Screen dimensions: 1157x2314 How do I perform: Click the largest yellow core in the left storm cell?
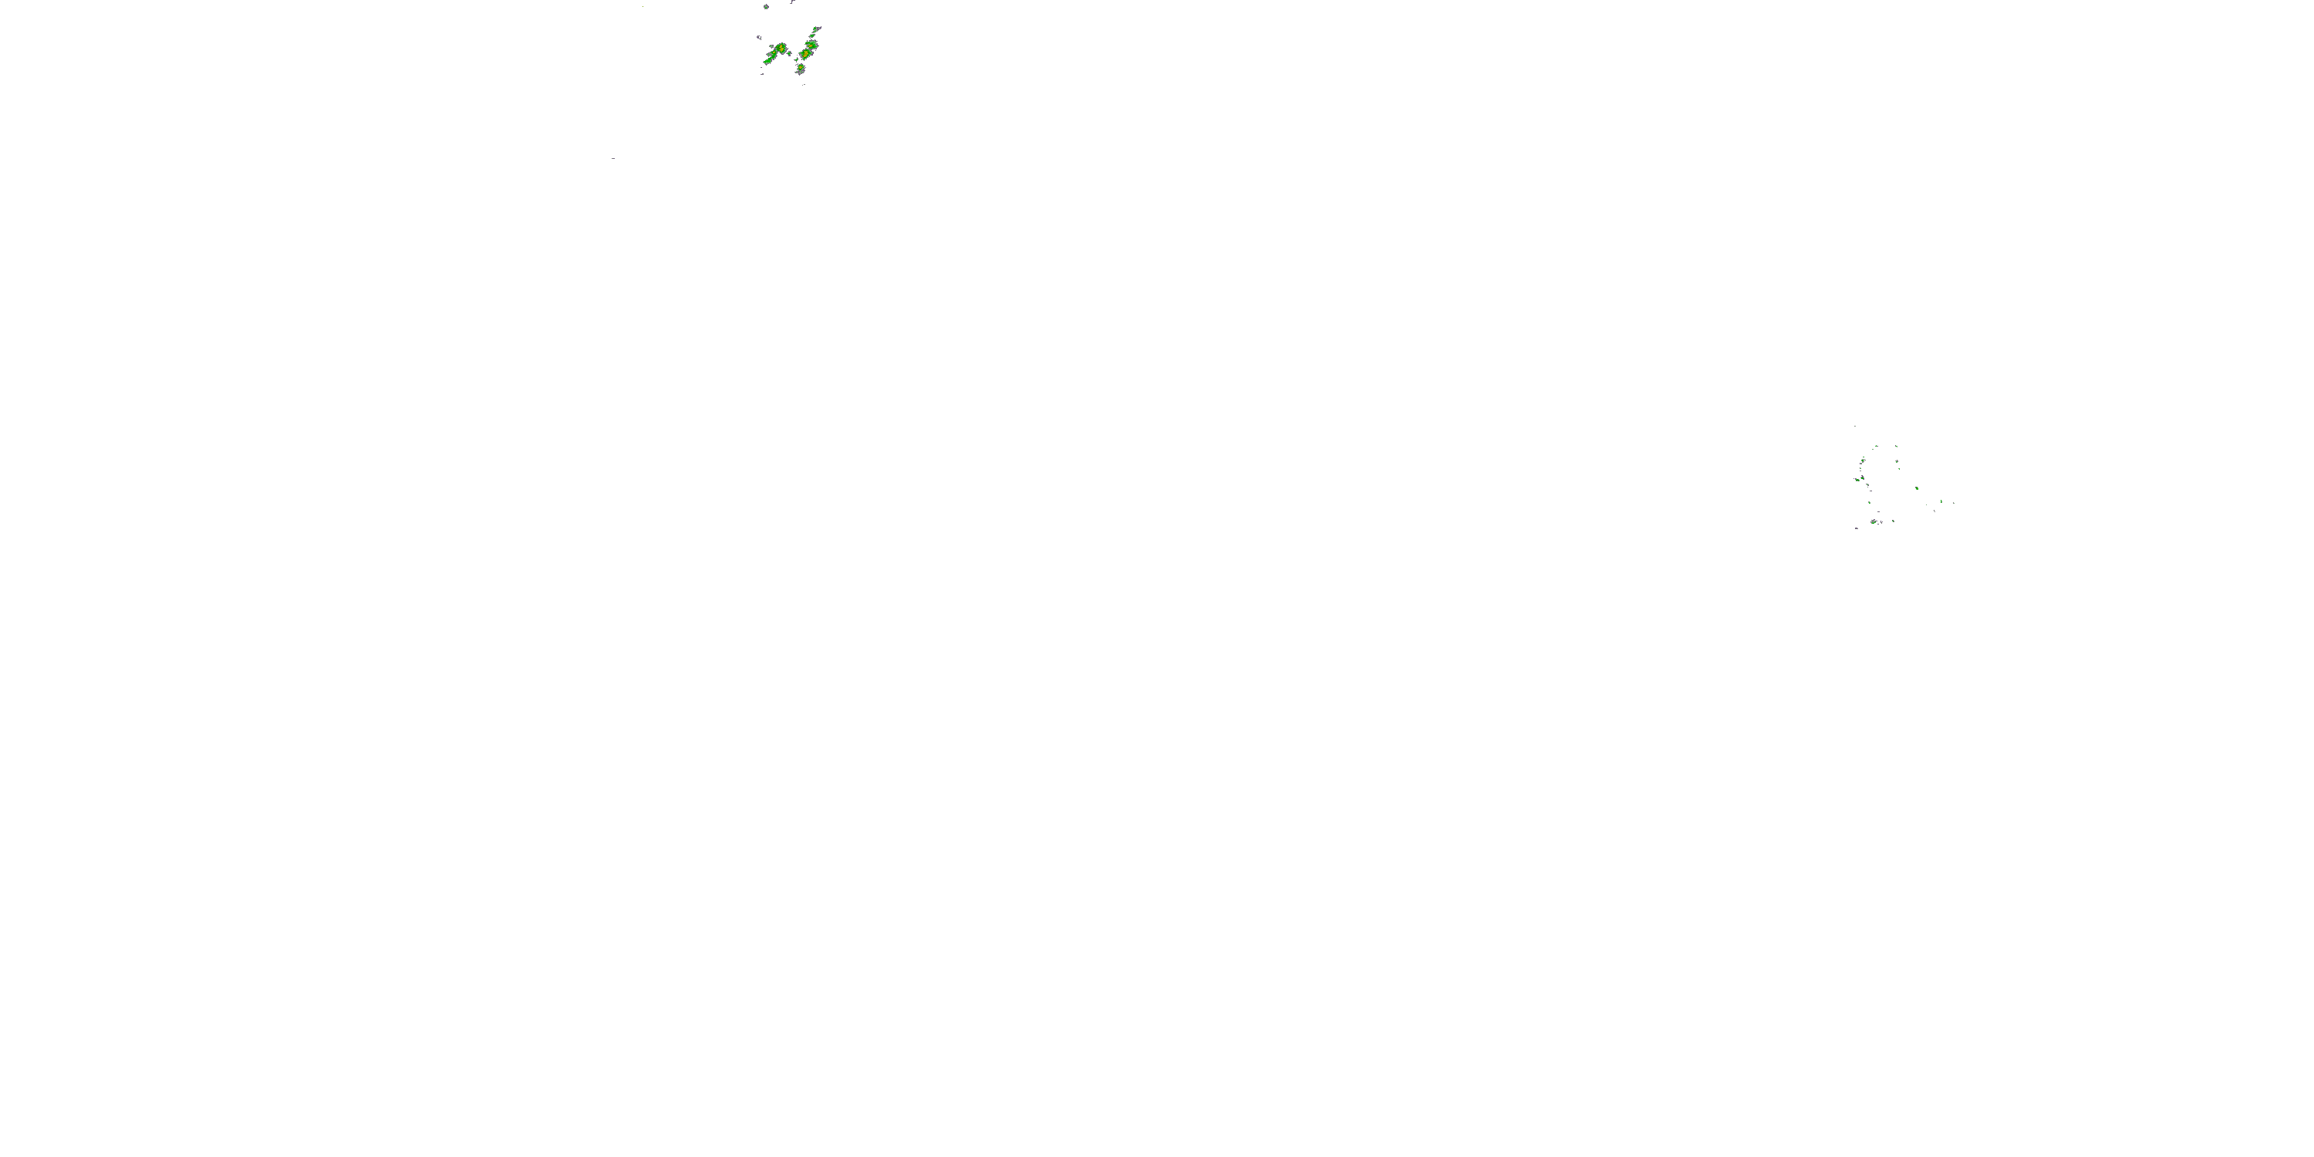click(782, 49)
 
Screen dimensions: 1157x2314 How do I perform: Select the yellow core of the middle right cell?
click(807, 54)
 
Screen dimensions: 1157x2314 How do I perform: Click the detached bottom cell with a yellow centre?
click(801, 67)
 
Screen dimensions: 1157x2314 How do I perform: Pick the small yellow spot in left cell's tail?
click(774, 52)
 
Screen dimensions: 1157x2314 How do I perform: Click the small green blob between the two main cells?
click(790, 54)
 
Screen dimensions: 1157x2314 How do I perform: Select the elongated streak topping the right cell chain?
click(818, 29)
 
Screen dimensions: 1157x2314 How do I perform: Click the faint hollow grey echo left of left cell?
click(760, 38)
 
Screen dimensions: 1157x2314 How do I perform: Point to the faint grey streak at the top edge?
click(793, 2)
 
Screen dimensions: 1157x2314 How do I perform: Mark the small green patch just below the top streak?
click(813, 36)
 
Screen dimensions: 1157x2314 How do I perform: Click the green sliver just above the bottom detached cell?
click(797, 60)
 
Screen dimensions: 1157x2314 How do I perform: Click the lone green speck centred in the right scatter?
click(1917, 489)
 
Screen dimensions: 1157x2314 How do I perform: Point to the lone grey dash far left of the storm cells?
click(613, 158)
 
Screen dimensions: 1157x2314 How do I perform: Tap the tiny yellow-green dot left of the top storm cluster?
click(643, 6)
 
